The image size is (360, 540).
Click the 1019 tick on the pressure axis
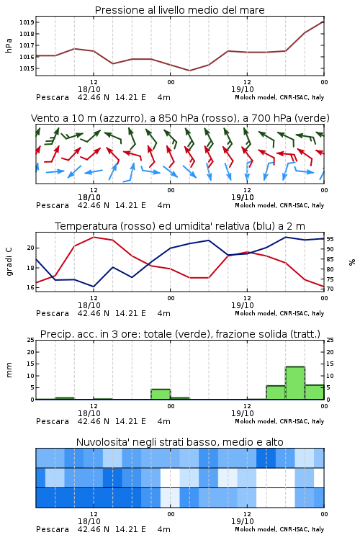[26, 22]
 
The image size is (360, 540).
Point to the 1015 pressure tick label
[26, 68]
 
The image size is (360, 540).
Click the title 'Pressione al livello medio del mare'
[180, 10]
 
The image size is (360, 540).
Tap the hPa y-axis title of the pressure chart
[9, 45]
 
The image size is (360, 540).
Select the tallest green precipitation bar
[295, 383]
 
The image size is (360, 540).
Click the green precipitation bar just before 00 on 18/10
[161, 395]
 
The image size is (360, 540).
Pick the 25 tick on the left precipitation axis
[31, 340]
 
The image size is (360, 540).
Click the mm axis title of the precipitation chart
[9, 370]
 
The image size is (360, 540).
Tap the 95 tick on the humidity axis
[330, 239]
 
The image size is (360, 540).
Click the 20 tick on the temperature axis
[31, 248]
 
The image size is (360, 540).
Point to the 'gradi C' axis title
[9, 262]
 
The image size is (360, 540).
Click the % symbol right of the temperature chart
[352, 262]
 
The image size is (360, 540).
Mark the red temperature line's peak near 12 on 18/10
[94, 237]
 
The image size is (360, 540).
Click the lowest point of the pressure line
[189, 71]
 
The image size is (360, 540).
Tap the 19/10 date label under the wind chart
[243, 197]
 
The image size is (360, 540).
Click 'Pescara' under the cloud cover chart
[53, 529]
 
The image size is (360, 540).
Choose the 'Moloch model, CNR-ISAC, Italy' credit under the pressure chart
[279, 97]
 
